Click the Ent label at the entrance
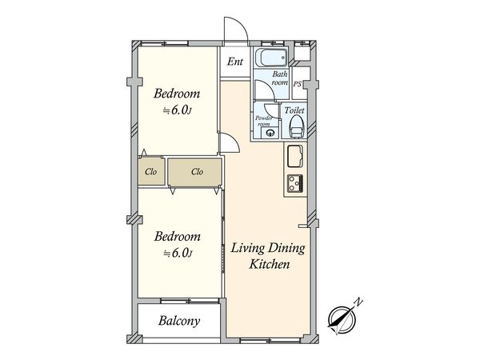[234, 62]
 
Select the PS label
[298, 83]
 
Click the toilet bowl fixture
[297, 126]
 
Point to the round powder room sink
[270, 133]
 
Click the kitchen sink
[295, 156]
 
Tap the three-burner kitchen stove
[295, 183]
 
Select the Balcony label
[179, 321]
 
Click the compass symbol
[341, 319]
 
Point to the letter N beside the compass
[358, 302]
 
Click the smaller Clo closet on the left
[151, 171]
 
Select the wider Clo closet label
[197, 171]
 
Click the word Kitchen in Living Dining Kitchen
[270, 264]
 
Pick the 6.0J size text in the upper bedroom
[178, 110]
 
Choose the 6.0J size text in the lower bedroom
[178, 253]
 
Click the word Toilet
[294, 110]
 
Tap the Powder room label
[264, 121]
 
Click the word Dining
[287, 249]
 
